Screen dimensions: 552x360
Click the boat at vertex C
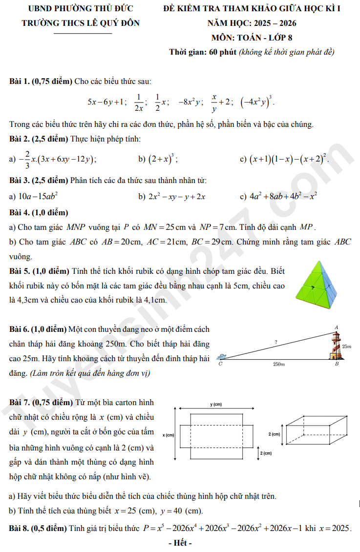tap(223, 357)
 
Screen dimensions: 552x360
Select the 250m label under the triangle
tap(279, 365)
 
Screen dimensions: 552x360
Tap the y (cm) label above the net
tap(215, 404)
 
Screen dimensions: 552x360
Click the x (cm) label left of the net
tap(169, 434)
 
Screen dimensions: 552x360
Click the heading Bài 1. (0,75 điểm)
tap(41, 81)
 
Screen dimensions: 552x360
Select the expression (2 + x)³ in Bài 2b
tap(163, 159)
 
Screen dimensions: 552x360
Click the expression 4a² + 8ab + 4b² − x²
tap(283, 196)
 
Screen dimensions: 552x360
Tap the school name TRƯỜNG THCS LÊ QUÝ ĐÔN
tap(81, 23)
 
